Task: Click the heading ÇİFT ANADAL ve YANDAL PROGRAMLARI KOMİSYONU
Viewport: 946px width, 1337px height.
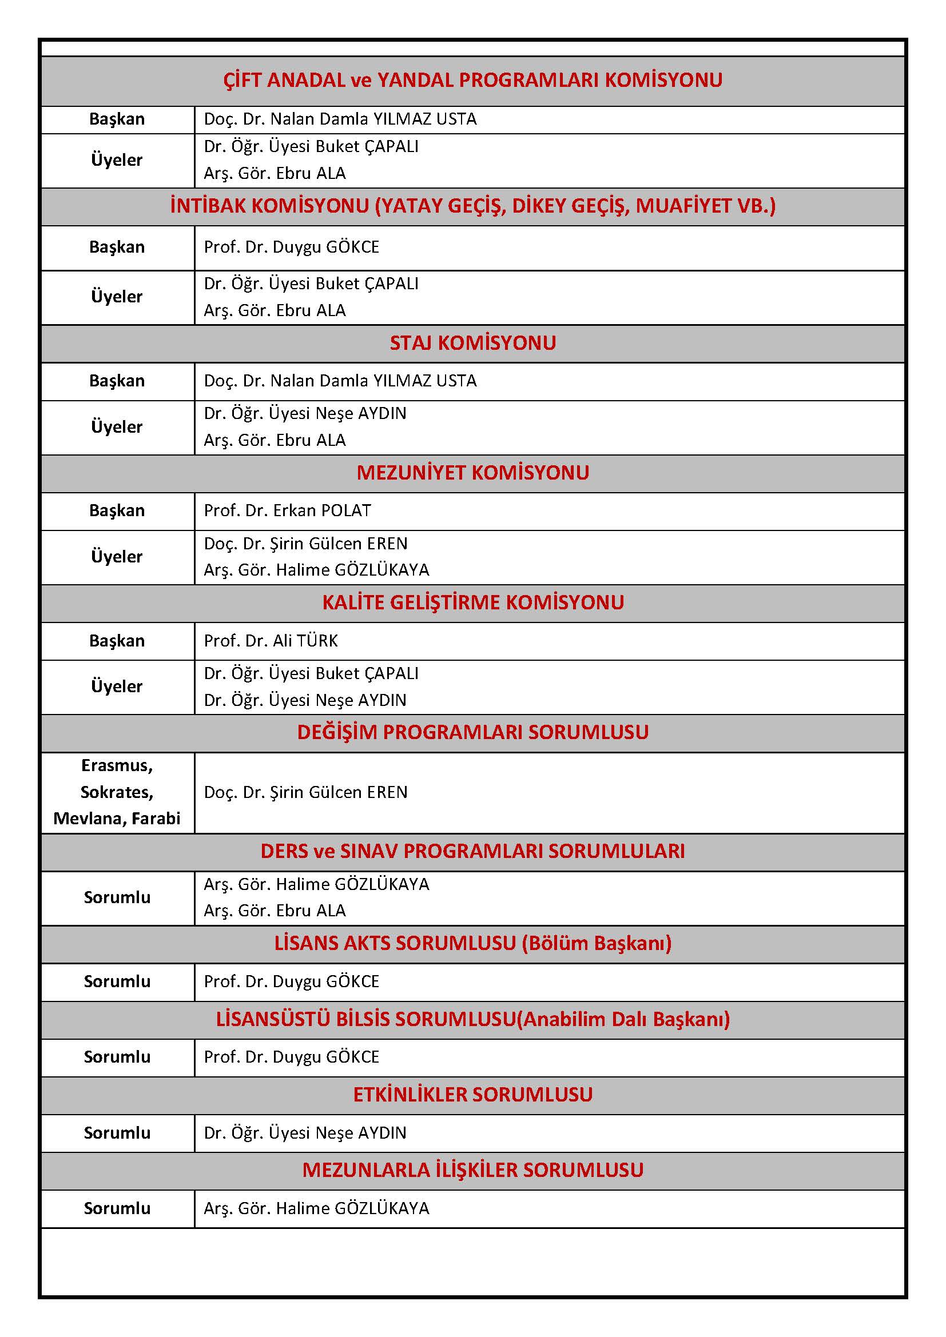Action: click(472, 80)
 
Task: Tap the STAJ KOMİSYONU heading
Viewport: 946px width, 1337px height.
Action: click(472, 343)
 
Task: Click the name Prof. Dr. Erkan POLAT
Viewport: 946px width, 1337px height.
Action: click(287, 510)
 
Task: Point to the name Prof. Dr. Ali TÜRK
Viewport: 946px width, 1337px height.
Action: click(271, 641)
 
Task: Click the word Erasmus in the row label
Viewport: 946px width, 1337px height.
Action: click(117, 765)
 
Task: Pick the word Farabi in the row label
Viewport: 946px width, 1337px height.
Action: click(156, 818)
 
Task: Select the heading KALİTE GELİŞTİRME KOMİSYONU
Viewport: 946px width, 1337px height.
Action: click(472, 602)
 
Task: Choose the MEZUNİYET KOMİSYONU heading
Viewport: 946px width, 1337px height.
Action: click(472, 472)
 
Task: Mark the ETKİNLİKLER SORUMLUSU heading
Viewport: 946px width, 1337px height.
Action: click(472, 1094)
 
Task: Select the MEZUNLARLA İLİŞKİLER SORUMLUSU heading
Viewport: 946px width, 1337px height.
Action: click(472, 1170)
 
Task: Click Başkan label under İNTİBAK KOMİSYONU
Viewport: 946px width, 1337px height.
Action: click(117, 247)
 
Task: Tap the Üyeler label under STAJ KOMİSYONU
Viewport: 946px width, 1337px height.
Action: click(117, 427)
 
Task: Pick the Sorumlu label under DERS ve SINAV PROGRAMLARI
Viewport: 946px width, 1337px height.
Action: click(117, 897)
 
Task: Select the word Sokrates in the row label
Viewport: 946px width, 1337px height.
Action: click(117, 792)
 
